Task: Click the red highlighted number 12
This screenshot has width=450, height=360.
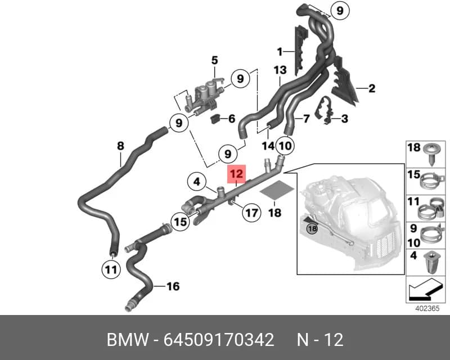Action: tap(237, 174)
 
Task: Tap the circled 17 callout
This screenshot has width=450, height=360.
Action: tap(251, 213)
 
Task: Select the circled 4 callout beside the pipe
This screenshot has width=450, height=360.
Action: tap(196, 182)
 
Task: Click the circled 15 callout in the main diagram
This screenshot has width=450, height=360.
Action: tap(181, 222)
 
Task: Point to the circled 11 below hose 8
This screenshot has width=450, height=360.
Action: tap(111, 269)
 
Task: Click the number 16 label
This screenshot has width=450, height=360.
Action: tap(173, 286)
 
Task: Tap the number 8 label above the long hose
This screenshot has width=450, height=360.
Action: tap(120, 146)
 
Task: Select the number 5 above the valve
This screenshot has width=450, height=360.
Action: tap(215, 60)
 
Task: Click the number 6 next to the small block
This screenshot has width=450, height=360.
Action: tap(232, 119)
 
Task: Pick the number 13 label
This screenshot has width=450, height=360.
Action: tap(280, 70)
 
